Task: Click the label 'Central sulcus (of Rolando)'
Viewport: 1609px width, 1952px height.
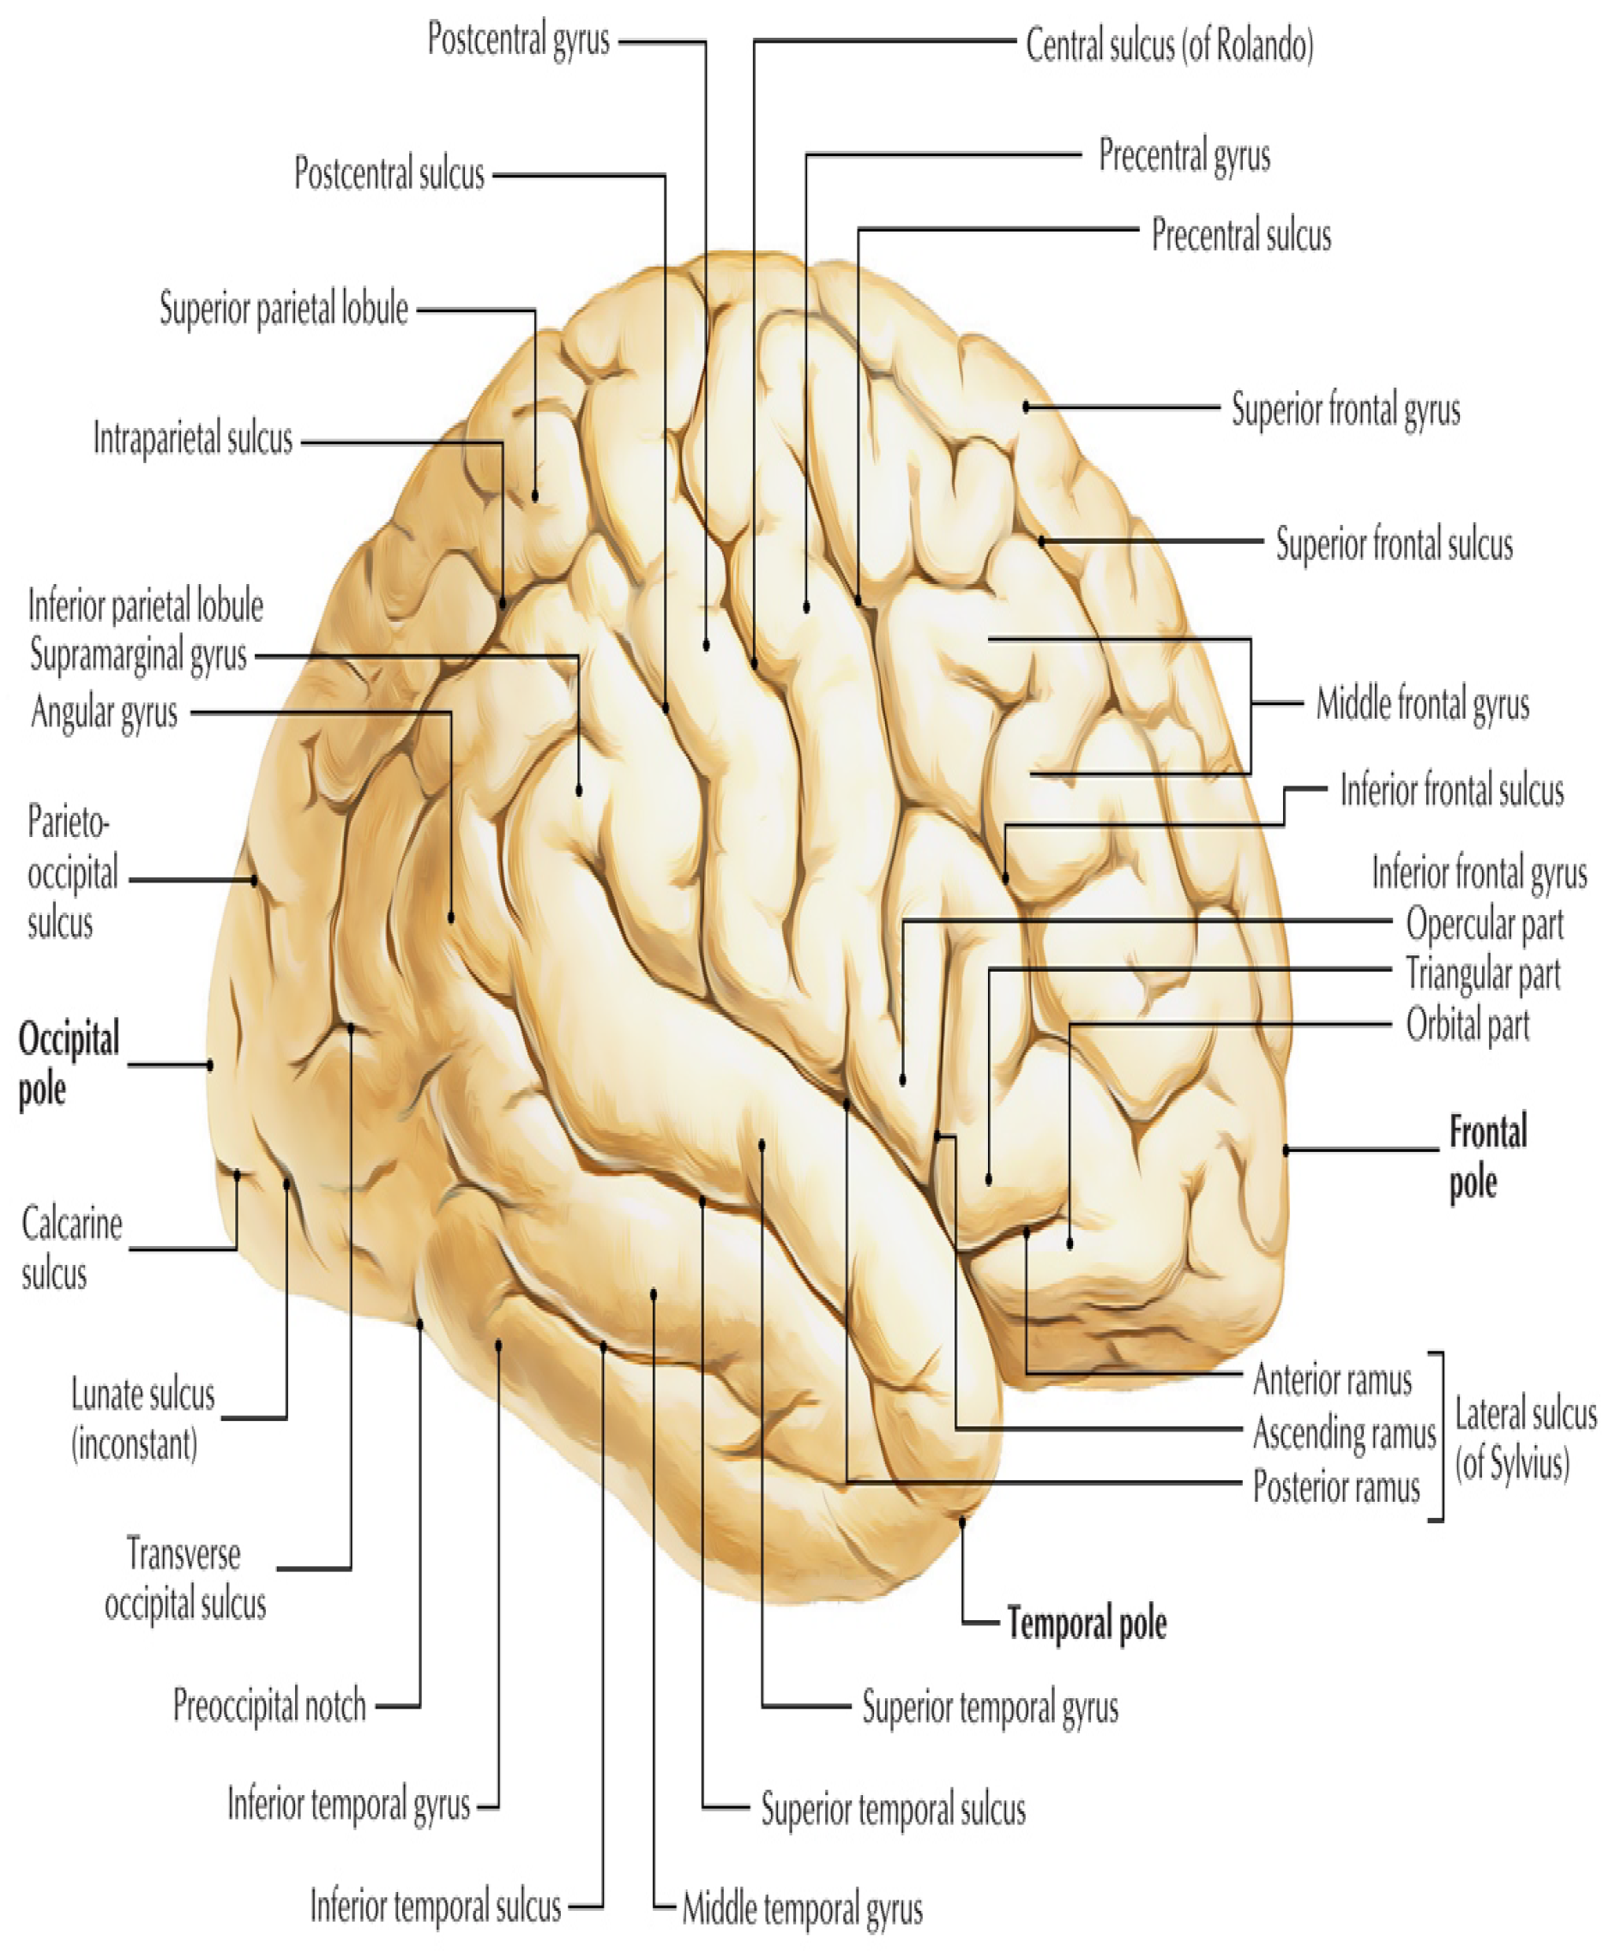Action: coord(1169,45)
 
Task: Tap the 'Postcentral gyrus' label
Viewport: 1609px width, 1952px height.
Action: coord(518,39)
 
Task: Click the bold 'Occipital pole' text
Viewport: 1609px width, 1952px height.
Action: coord(69,1064)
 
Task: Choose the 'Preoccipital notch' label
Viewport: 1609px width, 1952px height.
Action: coord(269,1706)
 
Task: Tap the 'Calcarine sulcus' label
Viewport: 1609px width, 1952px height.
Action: coord(71,1249)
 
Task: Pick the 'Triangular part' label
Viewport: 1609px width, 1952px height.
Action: coord(1483,974)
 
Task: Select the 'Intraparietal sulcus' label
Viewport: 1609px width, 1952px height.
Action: coord(193,438)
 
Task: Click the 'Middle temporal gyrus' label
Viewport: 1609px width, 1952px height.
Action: coord(802,1909)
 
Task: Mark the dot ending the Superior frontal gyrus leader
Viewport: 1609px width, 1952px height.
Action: coord(1026,407)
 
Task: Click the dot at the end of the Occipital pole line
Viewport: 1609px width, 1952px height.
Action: coord(210,1065)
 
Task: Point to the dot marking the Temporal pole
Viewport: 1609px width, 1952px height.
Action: coord(962,1522)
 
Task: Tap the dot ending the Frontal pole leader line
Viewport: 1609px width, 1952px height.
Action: coord(1286,1150)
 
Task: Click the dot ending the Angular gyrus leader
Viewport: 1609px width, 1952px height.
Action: coord(451,918)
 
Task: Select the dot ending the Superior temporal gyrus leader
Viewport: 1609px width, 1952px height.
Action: coord(762,1146)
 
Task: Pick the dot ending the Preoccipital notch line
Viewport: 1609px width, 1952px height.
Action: coord(420,1324)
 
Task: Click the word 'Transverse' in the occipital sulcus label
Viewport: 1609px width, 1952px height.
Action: coord(184,1554)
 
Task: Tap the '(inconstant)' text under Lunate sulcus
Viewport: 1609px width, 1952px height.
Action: coord(136,1443)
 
